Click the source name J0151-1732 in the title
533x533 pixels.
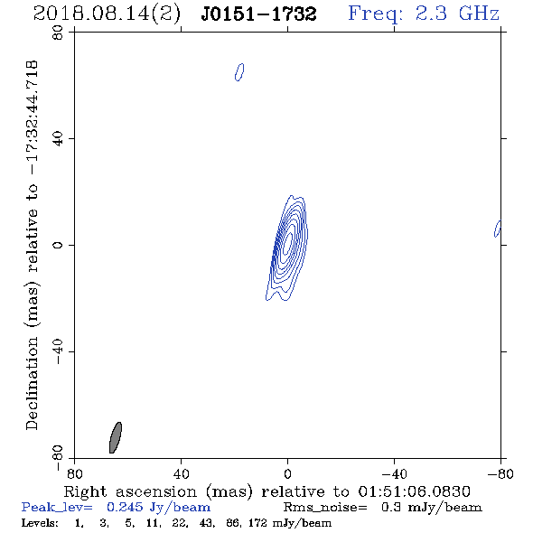click(258, 14)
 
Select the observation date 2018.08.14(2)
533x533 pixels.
click(107, 14)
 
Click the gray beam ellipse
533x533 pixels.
click(116, 437)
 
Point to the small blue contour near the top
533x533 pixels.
click(239, 72)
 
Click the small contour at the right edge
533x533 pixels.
click(497, 229)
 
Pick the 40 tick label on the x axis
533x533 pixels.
click(181, 474)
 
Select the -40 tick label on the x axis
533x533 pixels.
click(394, 474)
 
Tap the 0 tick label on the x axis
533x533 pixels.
click(287, 474)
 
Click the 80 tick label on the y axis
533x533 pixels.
click(58, 33)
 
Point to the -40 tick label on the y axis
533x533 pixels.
click(58, 351)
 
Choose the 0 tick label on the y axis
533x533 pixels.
click(58, 245)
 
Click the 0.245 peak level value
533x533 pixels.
click(125, 507)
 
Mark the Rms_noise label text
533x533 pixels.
click(325, 508)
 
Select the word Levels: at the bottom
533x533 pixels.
click(40, 523)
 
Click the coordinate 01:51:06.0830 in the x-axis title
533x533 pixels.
click(415, 491)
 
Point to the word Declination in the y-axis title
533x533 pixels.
click(32, 383)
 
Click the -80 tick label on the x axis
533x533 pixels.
click(500, 474)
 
